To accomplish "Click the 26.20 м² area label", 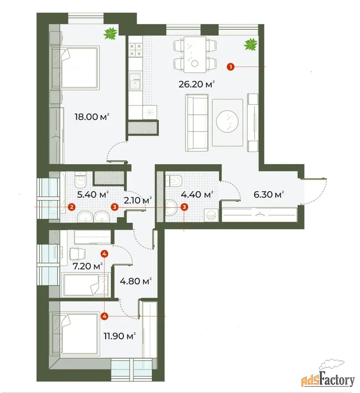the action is point(197,84).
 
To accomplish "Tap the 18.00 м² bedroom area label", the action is point(92,117).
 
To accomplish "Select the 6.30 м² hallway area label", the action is point(268,194).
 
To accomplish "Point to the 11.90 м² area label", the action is point(120,336).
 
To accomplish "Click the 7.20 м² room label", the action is point(88,266).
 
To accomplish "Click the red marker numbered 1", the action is point(230,67).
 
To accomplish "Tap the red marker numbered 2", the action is point(72,207).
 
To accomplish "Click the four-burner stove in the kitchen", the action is point(136,50).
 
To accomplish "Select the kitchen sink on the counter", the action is point(135,82).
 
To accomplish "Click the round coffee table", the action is point(227,121).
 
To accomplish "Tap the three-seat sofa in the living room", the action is point(197,123).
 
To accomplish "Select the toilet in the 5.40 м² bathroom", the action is point(80,179).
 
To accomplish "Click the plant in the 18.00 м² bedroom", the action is point(110,34).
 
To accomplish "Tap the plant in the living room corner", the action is point(251,45).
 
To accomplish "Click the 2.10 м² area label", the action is point(138,200).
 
